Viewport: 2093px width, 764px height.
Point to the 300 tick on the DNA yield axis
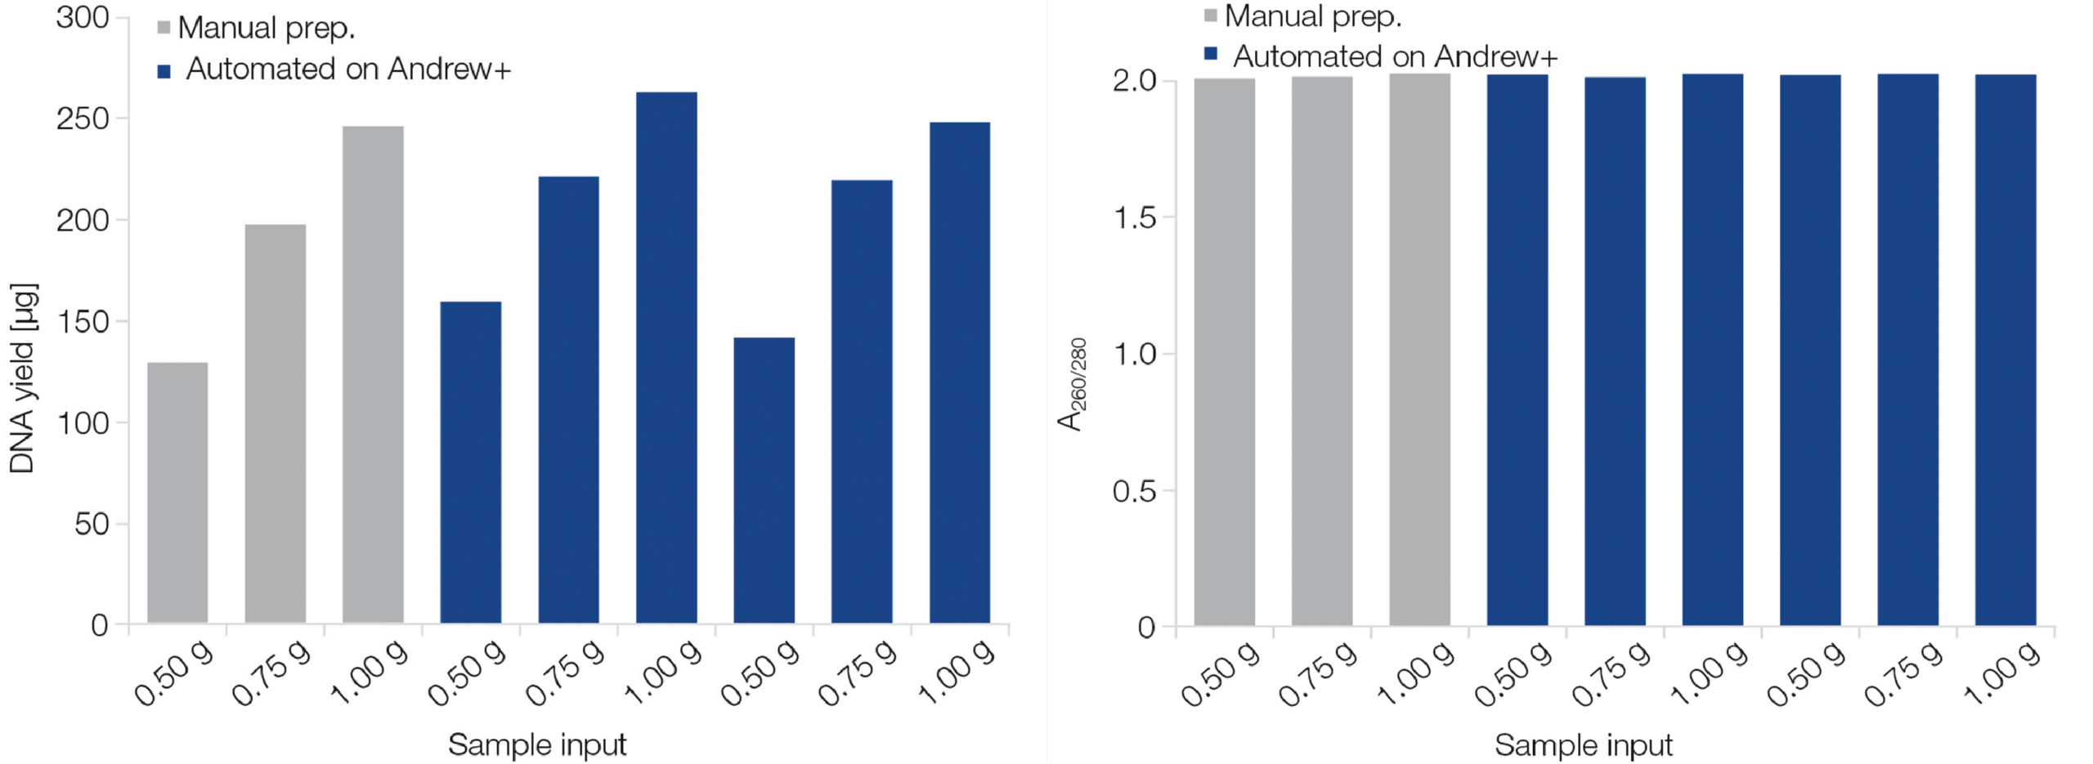click(83, 17)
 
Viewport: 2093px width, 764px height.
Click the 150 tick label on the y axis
click(83, 321)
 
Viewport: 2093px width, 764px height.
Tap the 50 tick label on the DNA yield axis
click(92, 524)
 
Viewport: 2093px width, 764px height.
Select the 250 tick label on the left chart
click(83, 119)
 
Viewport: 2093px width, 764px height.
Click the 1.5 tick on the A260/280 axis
click(1135, 218)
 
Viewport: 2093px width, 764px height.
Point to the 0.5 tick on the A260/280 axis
click(1135, 491)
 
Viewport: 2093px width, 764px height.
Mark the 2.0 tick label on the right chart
click(1135, 81)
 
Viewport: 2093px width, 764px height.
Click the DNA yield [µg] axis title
click(22, 378)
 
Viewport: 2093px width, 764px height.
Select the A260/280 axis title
click(1072, 384)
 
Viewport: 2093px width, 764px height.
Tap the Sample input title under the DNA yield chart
click(537, 744)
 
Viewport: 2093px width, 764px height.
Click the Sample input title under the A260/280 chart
click(1584, 745)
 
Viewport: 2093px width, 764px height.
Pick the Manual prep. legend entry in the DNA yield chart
click(267, 28)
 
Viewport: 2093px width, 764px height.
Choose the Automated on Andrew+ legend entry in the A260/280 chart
click(1395, 56)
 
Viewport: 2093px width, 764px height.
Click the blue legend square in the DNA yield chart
click(164, 71)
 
